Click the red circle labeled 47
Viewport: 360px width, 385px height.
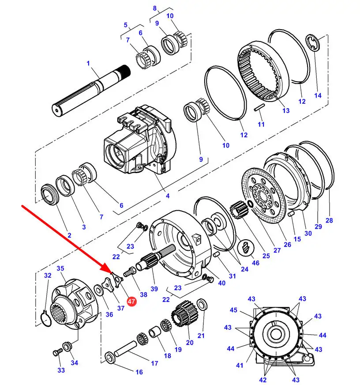131,301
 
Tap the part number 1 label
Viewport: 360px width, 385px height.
88,63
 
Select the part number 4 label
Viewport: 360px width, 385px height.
168,196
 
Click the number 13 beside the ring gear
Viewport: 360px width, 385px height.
286,111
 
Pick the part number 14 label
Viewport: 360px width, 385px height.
318,95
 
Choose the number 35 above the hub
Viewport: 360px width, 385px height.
60,268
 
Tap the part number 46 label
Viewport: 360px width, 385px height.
255,263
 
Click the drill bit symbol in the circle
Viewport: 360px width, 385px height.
246,248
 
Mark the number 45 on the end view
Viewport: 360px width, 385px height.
233,310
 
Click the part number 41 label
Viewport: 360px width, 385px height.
240,366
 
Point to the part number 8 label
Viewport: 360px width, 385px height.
154,8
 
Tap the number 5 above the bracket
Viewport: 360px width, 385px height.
126,25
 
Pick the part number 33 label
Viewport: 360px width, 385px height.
61,370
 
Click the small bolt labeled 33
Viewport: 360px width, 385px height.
58,353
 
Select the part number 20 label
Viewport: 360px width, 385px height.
190,343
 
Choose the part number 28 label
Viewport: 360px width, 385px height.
329,220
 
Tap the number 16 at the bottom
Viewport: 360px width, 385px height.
139,372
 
